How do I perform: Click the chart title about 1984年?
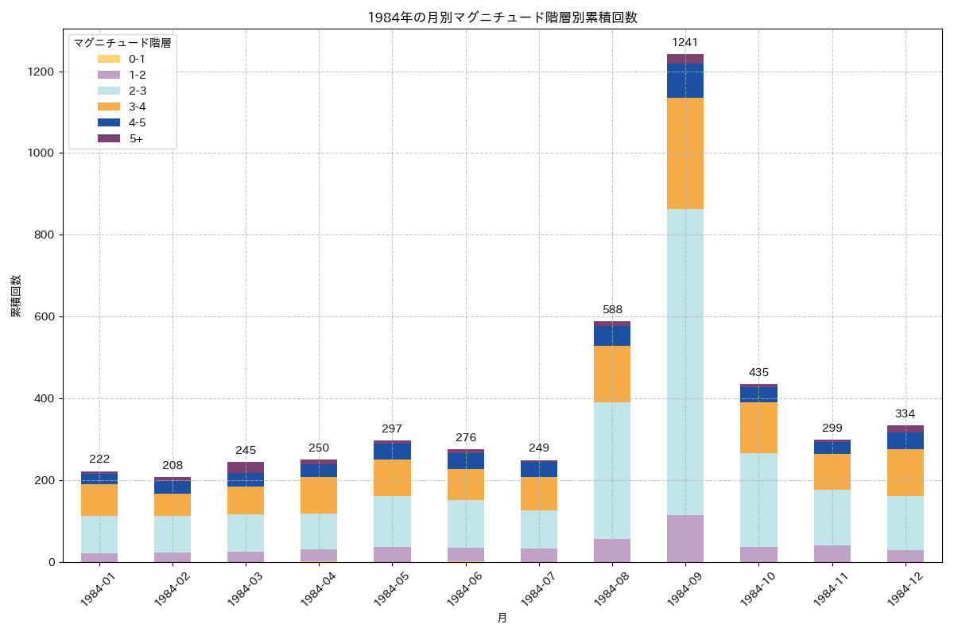502,17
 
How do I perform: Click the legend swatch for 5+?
110,139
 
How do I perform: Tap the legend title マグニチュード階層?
122,43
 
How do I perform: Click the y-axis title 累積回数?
16,296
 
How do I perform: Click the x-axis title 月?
502,618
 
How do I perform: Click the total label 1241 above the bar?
684,42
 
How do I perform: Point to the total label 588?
612,309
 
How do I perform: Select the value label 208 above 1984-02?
173,465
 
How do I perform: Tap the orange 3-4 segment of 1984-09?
684,153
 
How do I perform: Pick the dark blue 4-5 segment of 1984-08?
612,335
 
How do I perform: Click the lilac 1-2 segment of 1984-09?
684,538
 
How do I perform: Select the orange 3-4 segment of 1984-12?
906,472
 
